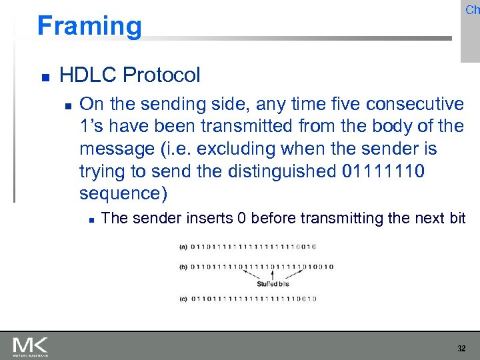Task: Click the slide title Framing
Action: (89, 26)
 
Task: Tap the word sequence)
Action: (123, 193)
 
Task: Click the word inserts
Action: (190, 218)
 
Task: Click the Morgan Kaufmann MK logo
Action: (30, 346)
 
